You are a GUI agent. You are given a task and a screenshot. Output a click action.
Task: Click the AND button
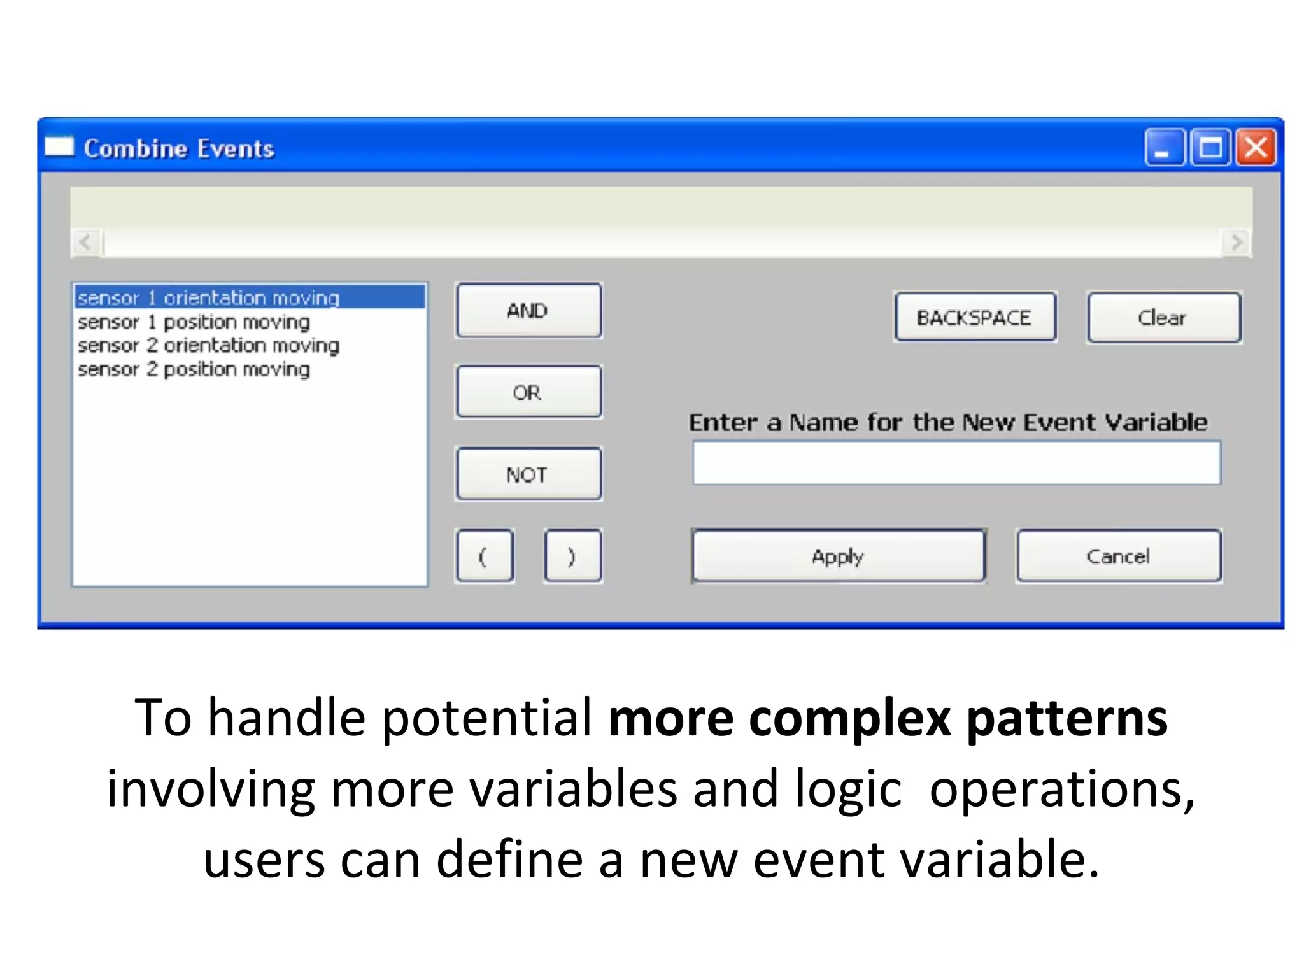528,311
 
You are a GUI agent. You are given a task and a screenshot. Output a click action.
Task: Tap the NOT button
528,474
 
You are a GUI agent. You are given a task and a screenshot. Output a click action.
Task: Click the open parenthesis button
484,556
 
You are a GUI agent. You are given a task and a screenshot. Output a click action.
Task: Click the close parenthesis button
572,556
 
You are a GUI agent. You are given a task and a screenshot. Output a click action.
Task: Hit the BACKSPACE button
974,318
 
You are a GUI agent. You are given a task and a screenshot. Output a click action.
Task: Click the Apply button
838,556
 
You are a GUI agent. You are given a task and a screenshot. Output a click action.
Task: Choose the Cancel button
1118,556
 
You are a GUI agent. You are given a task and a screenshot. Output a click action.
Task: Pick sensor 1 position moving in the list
194,322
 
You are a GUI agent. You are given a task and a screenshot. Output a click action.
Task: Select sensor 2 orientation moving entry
209,346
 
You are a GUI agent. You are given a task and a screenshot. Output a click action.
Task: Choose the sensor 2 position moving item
194,369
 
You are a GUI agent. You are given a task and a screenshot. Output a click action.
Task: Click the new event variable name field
956,463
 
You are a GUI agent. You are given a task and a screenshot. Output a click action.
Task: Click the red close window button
1255,148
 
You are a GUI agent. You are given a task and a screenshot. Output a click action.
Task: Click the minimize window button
1164,148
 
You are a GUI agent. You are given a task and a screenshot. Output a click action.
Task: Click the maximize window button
1210,148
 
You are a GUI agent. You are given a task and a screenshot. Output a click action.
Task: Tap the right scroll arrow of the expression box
1237,243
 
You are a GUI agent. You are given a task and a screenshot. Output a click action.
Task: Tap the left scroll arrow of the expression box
85,243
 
